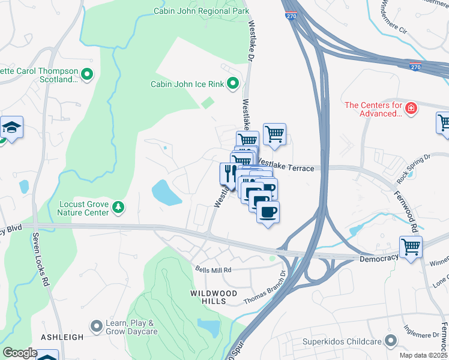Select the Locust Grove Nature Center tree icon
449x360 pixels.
[119, 208]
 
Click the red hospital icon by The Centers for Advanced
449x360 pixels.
[411, 108]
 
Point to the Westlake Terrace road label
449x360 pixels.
[286, 169]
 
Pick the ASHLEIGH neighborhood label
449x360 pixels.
[62, 337]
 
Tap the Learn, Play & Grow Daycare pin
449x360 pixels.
[96, 326]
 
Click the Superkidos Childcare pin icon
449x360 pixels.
[391, 341]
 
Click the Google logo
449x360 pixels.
[20, 353]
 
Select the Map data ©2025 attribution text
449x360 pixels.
[423, 355]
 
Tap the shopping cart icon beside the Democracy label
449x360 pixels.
[411, 246]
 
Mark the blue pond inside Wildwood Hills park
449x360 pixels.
[209, 327]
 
